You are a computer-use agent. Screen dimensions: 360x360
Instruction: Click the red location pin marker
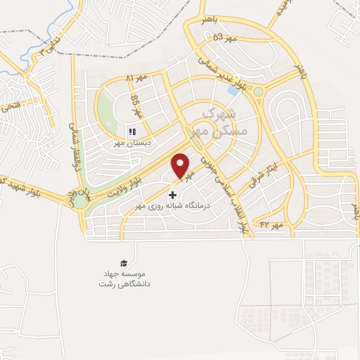[x=181, y=166]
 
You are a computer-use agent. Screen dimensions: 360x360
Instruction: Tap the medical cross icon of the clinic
[x=173, y=195]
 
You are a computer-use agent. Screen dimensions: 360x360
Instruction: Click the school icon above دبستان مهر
[x=131, y=131]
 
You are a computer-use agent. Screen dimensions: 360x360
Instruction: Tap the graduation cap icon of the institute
[x=124, y=263]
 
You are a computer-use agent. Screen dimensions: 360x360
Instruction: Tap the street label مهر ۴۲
[x=271, y=224]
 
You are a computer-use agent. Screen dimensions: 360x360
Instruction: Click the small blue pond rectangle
[x=233, y=91]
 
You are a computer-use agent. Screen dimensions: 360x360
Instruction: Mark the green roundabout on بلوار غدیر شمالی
[x=259, y=91]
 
